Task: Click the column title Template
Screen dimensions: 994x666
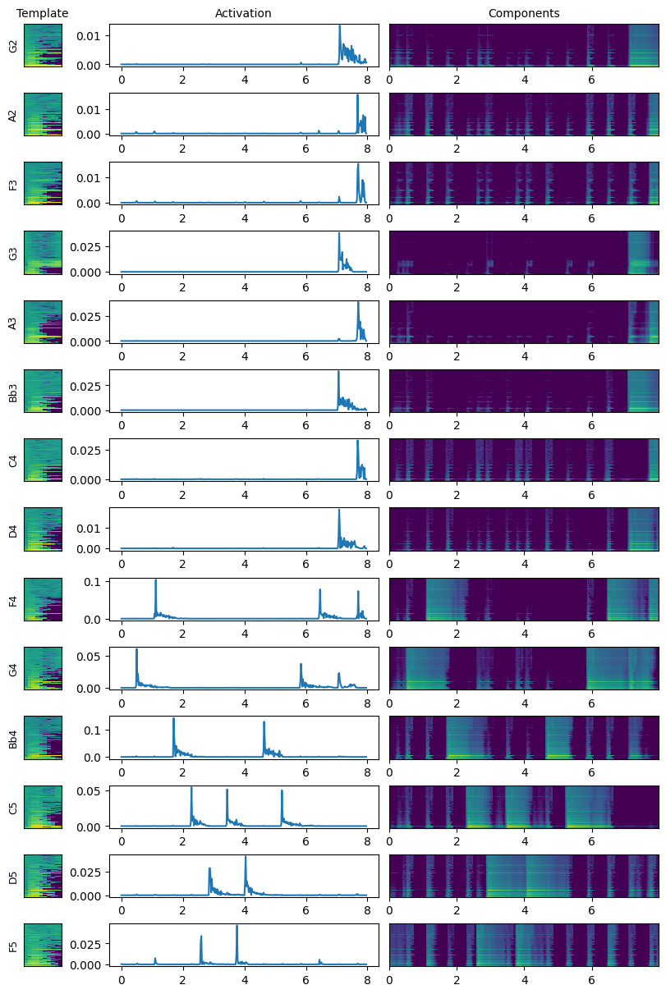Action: point(43,13)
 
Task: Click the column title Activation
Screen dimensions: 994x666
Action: point(243,13)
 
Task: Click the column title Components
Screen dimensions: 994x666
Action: point(523,13)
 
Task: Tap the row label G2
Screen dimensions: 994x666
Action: point(12,46)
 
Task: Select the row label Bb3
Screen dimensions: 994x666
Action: point(12,391)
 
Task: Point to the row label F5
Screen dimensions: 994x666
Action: point(12,946)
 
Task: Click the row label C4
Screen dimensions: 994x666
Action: point(12,460)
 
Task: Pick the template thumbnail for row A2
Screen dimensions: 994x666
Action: point(43,115)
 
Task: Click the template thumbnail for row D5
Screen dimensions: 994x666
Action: point(43,876)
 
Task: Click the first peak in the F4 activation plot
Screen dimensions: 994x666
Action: point(155,580)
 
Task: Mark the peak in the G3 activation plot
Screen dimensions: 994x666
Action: point(339,233)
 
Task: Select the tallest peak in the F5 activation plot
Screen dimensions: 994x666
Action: point(237,926)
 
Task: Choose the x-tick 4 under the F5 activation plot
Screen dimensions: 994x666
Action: point(245,980)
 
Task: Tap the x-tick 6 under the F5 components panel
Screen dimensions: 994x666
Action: point(591,980)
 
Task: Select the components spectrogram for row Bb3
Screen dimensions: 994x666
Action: point(523,391)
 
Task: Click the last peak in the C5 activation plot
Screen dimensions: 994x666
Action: point(282,791)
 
